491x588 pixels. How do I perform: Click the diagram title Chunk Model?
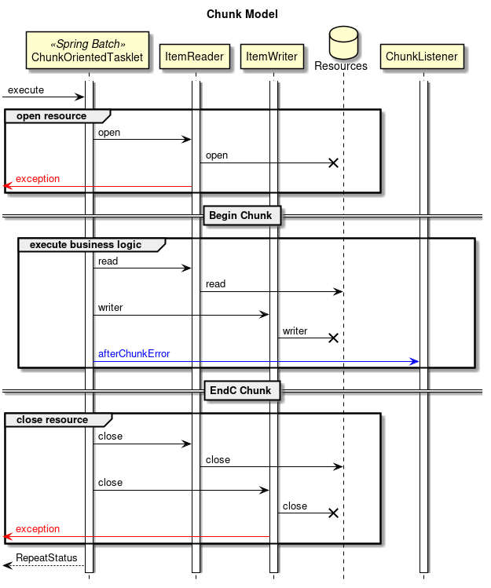click(242, 14)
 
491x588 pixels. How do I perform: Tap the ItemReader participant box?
click(195, 57)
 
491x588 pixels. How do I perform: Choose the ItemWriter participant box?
click(272, 57)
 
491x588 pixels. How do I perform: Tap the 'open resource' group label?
click(51, 116)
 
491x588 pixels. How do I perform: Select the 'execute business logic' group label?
click(86, 244)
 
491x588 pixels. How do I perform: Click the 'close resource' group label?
click(52, 420)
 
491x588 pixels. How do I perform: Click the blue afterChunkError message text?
click(134, 354)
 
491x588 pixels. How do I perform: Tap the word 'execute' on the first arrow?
click(26, 90)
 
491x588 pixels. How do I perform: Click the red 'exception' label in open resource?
click(38, 179)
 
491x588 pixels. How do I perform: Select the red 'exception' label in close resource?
click(38, 529)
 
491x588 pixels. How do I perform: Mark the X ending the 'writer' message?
click(333, 338)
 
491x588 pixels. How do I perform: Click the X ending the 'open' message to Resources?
click(333, 163)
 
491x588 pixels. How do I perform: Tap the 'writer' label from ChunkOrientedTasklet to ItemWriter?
click(110, 307)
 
